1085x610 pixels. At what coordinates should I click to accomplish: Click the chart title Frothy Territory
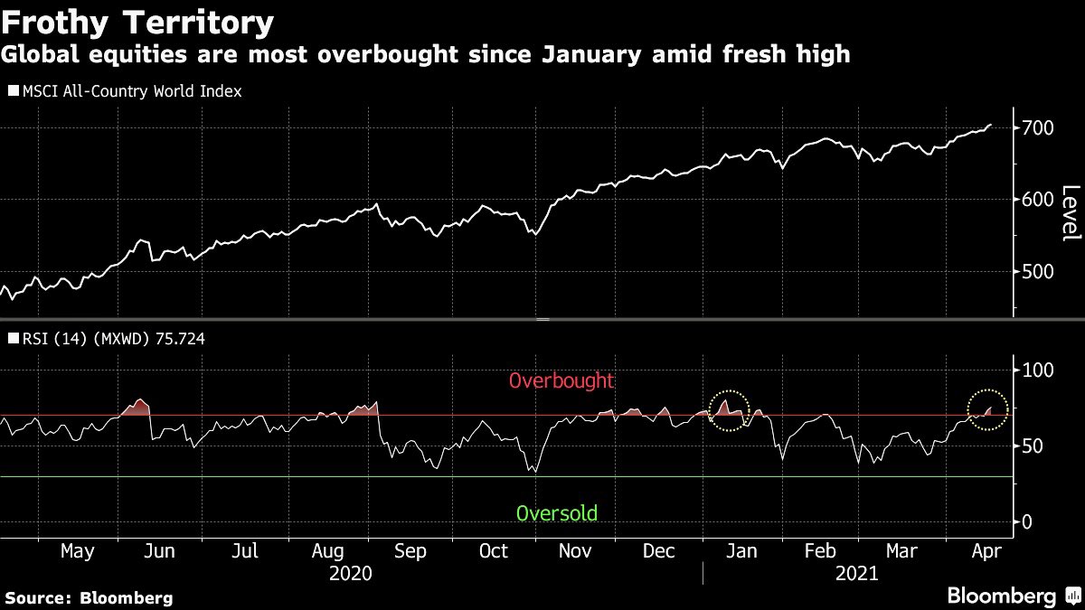pos(137,23)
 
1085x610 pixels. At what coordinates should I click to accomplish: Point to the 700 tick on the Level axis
pos(1037,128)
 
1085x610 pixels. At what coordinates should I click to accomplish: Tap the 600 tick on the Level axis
pos(1037,200)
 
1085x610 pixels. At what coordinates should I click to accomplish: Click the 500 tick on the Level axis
pos(1037,271)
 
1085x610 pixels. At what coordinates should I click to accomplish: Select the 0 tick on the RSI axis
pos(1028,522)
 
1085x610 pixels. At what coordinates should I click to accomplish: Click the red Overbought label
pos(561,381)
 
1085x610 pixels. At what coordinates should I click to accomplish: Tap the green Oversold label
pos(556,514)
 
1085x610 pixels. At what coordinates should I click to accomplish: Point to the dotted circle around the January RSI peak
pos(729,410)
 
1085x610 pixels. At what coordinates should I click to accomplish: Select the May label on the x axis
pos(77,551)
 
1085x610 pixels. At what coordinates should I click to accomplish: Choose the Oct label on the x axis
pos(495,551)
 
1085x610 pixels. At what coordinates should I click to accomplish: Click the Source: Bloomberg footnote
pos(89,597)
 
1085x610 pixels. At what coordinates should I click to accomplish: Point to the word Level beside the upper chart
pos(1070,213)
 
